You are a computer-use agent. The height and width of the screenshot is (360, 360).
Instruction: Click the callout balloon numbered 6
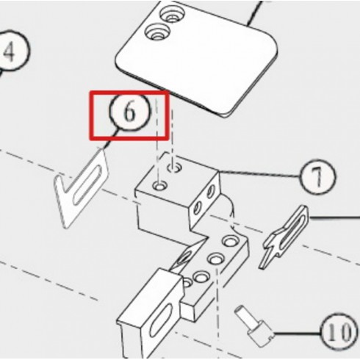click(129, 112)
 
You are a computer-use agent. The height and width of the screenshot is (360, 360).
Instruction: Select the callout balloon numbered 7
click(317, 177)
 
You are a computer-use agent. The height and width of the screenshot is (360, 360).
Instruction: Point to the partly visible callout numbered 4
click(12, 51)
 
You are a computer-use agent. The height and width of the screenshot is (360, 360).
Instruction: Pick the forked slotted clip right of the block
click(285, 237)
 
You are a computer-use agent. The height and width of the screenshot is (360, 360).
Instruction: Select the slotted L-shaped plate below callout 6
click(81, 189)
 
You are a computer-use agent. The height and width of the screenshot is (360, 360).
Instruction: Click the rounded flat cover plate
click(197, 59)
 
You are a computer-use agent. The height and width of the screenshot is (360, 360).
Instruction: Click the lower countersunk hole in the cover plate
click(157, 32)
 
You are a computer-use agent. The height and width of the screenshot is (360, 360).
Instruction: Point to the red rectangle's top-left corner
click(90, 91)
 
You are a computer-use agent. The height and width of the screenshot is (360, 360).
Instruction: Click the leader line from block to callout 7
click(259, 174)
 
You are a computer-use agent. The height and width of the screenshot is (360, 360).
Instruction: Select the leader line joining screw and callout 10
click(297, 333)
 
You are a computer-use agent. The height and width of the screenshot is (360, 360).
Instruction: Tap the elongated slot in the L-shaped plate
click(87, 184)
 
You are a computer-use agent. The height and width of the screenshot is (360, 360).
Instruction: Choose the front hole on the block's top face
click(159, 186)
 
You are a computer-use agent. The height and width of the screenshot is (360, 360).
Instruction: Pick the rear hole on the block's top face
click(174, 168)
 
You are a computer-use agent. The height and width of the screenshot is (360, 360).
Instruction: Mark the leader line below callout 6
click(110, 139)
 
